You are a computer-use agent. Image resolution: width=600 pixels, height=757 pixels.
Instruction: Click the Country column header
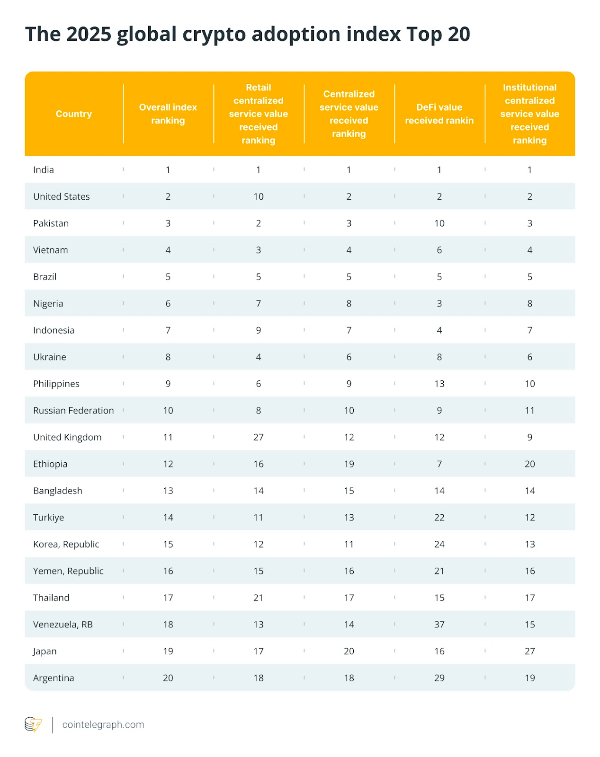point(73,114)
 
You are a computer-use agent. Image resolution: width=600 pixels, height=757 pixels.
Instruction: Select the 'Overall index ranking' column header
point(168,114)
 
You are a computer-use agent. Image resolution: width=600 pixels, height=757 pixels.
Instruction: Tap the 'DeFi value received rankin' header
point(439,114)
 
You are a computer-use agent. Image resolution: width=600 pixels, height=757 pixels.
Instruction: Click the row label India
point(44,169)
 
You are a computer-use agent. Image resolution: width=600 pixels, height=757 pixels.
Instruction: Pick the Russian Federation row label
point(73,410)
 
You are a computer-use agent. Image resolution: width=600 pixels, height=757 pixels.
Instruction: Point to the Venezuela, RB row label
point(63,624)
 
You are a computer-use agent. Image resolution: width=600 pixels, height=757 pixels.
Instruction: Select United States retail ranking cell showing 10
point(258,196)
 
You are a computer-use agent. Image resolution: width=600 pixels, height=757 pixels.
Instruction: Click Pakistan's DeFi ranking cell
point(439,223)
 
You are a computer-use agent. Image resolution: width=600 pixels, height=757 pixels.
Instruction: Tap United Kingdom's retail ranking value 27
point(258,437)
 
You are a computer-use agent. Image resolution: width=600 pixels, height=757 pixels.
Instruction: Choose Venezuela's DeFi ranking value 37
point(439,624)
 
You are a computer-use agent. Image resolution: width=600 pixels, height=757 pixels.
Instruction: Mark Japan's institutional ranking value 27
point(529,651)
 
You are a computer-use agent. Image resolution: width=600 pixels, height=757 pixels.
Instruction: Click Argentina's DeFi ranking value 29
point(439,678)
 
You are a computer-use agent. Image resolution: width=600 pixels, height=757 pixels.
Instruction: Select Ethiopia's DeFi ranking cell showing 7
point(439,464)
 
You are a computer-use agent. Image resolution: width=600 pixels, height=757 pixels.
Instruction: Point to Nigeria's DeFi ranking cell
point(439,303)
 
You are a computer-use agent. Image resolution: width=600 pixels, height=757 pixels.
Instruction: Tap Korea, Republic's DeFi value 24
point(439,544)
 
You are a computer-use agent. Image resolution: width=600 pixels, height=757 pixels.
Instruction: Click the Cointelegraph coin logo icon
point(33,724)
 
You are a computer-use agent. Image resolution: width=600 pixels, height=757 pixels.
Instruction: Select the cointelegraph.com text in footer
point(103,724)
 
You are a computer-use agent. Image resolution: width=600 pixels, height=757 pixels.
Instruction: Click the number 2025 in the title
point(89,34)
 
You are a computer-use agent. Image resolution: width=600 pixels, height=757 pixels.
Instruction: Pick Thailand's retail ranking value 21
point(258,598)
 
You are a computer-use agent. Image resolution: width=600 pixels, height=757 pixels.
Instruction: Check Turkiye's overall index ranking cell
point(168,517)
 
